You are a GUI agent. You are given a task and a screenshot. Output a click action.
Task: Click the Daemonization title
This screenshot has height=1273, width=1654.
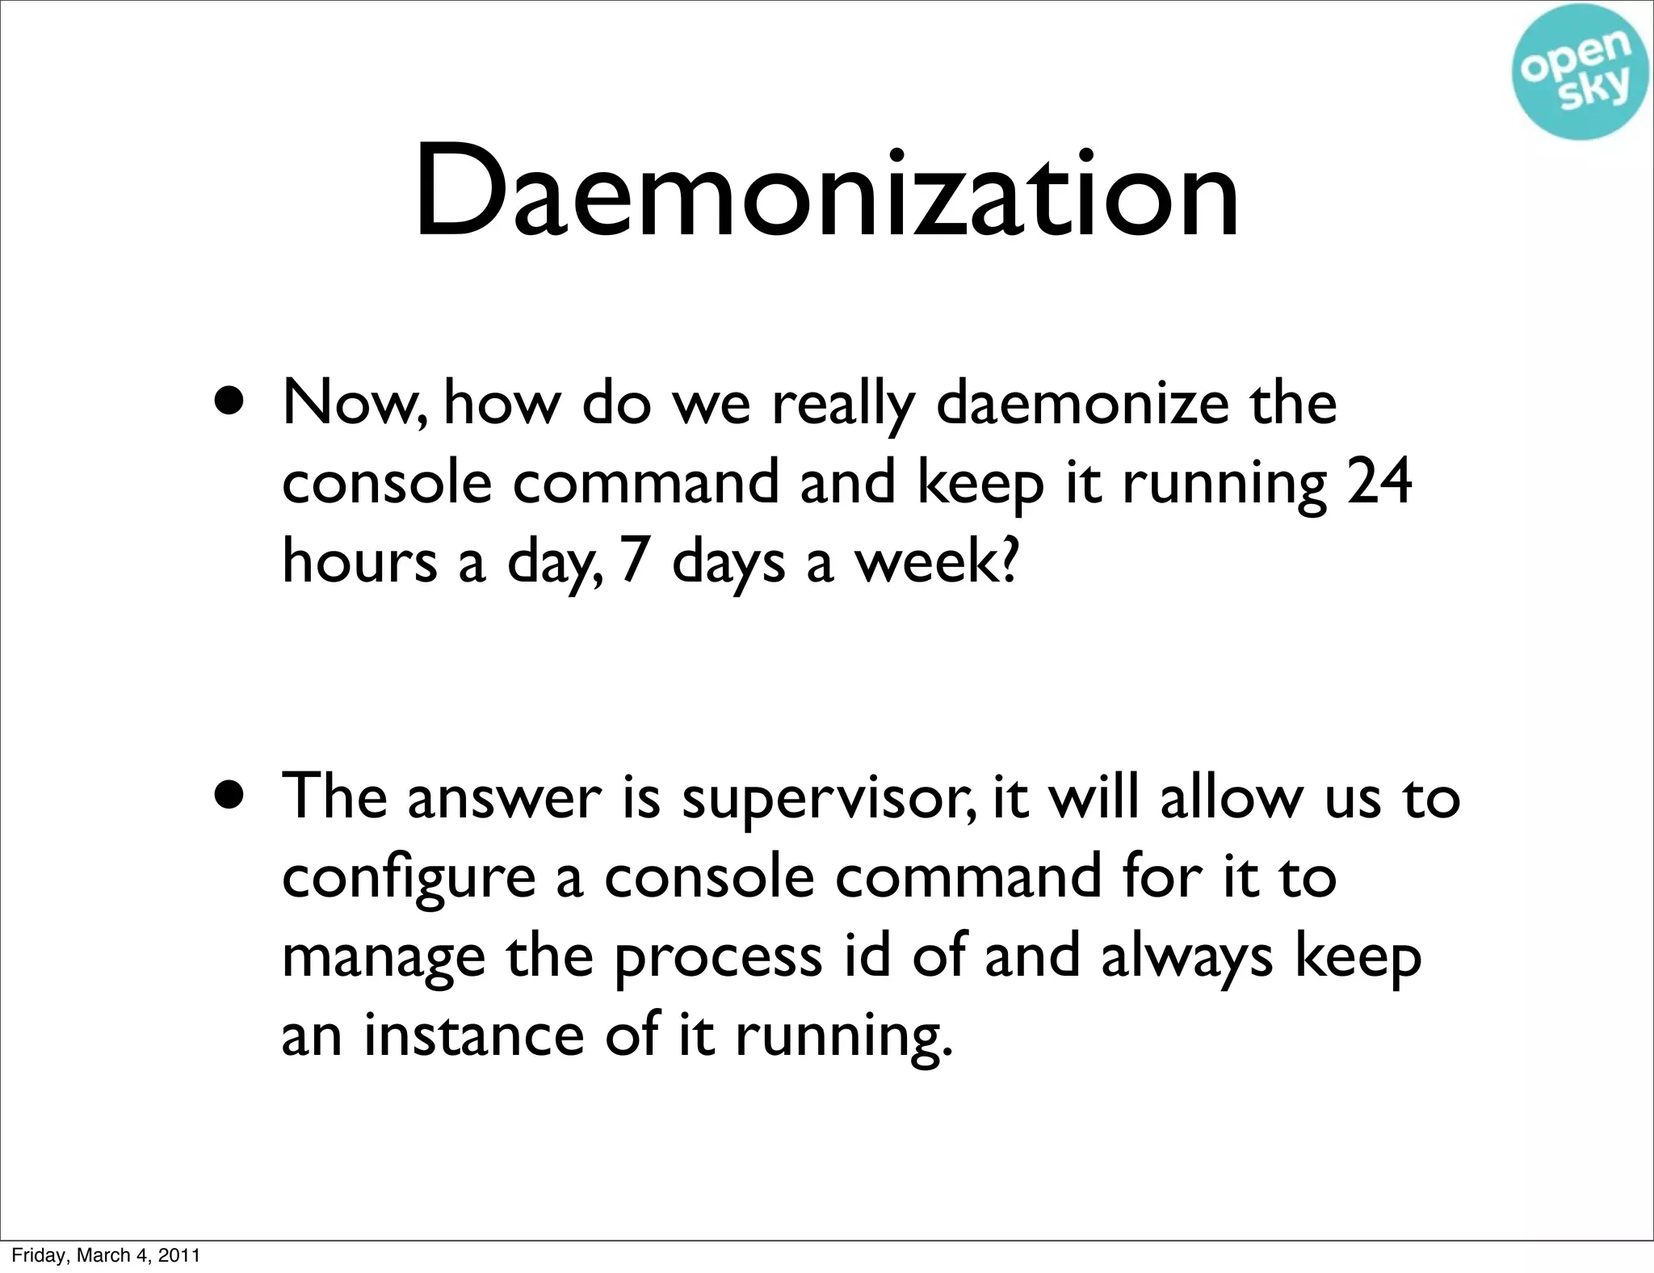[826, 194]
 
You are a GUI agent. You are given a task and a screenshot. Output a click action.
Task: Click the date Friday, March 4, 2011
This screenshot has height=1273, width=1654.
[106, 1254]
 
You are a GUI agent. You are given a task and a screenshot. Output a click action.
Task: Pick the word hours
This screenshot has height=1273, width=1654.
[359, 561]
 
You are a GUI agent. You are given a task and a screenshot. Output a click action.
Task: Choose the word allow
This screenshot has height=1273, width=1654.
[1232, 798]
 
